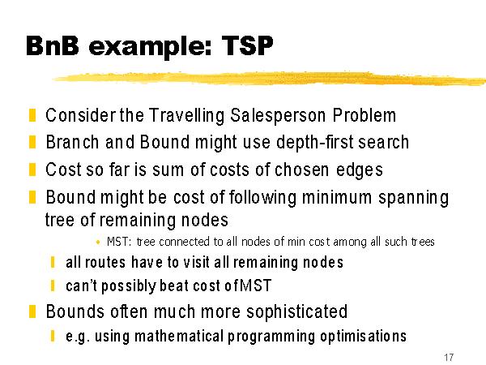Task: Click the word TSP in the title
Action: point(247,45)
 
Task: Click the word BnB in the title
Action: point(53,45)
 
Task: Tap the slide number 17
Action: point(449,357)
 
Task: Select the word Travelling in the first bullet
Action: point(186,115)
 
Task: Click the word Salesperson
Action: point(278,115)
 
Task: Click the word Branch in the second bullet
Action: point(72,142)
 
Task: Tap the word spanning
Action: point(413,198)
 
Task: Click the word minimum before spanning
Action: point(337,197)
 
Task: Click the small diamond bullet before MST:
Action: point(98,242)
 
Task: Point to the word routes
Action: point(105,262)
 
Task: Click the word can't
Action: point(82,286)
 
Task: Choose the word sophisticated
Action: point(297,311)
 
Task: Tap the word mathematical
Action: point(179,336)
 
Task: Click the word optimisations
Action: point(363,337)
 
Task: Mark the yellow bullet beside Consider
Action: point(32,115)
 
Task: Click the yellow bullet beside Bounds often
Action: point(32,311)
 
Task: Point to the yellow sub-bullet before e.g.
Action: point(53,336)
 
